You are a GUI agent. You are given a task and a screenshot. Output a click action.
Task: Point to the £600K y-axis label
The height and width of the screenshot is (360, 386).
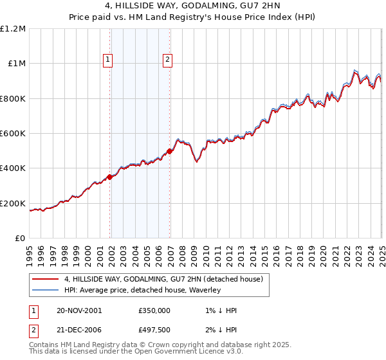pyautogui.click(x=14, y=134)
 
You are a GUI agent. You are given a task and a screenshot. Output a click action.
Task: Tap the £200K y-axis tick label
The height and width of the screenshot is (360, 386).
pyautogui.click(x=14, y=204)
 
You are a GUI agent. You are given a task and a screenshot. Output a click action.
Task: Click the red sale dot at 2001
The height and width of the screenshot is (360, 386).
pyautogui.click(x=110, y=177)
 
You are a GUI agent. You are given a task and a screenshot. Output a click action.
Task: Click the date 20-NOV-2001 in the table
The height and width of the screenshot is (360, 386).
pyautogui.click(x=80, y=310)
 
